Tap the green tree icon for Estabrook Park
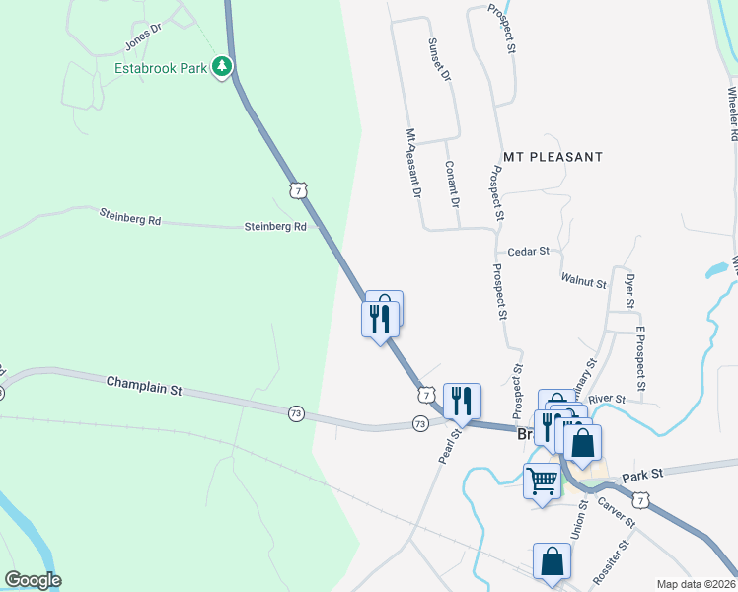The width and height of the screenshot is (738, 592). coord(224,67)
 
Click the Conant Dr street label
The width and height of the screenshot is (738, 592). coord(450,185)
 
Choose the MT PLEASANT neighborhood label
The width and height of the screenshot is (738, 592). coord(553,157)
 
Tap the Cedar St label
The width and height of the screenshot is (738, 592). coord(528,252)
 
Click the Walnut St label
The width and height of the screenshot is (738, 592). coord(583,282)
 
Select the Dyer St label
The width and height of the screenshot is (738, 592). coord(630,290)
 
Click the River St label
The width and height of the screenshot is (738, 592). coord(607,399)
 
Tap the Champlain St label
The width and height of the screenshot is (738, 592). coord(145,385)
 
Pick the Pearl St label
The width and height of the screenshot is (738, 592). coord(449,446)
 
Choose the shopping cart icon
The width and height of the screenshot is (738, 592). coord(542,481)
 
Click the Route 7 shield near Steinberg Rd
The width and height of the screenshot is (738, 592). coord(298,187)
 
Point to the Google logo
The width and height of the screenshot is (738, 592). coord(33,580)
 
